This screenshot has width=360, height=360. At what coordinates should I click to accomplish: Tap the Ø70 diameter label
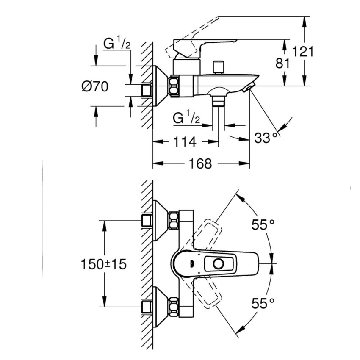[95, 86]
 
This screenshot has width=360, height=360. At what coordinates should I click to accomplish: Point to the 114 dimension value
[185, 142]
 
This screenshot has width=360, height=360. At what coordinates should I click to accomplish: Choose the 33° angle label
[268, 138]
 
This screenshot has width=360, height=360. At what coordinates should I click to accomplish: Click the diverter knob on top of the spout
[219, 67]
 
